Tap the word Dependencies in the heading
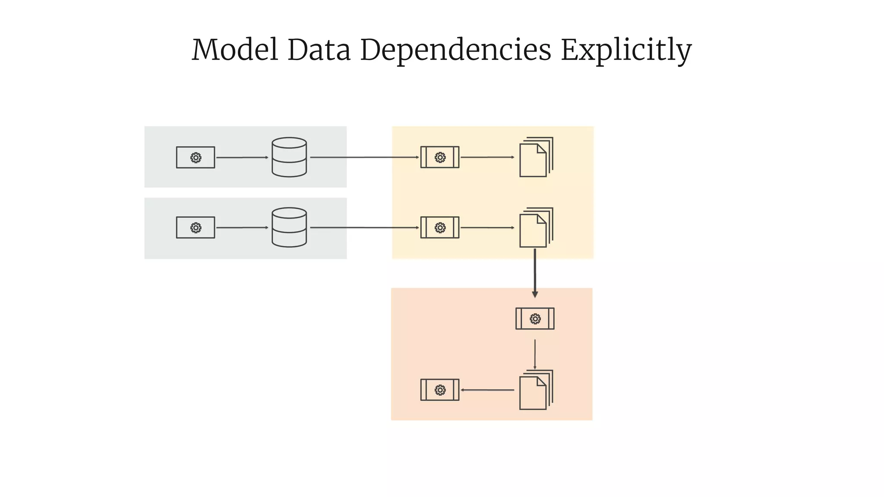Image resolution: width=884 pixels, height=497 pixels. pos(455,50)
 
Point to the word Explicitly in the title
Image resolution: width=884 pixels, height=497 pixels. pos(626,50)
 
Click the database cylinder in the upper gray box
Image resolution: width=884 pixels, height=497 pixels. pos(289,157)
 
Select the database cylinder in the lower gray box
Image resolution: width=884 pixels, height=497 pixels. pos(289,227)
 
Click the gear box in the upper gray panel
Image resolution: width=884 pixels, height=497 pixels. pos(196,157)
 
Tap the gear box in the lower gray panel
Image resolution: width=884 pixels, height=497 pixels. pos(196,228)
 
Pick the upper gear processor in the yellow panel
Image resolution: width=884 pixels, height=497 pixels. pos(440,157)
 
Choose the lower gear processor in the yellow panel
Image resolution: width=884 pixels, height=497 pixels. pos(440,228)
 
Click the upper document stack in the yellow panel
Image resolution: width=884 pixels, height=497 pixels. pos(536,157)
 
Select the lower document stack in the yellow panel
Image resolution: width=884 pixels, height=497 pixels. pos(536,228)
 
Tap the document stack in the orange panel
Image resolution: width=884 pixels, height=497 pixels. pos(536,390)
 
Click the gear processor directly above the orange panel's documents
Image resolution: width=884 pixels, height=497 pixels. pos(535,319)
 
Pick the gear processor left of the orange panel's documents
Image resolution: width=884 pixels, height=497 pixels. pos(440,390)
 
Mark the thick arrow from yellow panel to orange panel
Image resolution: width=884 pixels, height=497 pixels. pos(535,273)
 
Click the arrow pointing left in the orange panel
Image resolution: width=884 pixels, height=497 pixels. pos(487,390)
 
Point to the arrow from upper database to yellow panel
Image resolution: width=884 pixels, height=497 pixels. pos(365,157)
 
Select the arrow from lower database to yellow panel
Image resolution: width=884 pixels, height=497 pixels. pos(365,228)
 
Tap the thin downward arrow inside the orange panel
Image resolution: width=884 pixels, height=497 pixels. pos(535,354)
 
